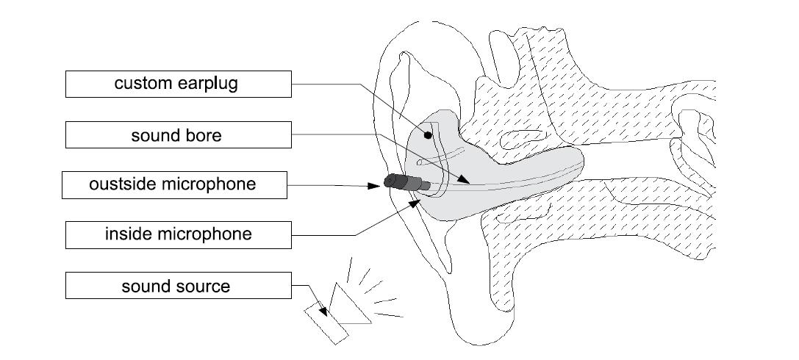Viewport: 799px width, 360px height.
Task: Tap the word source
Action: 204,286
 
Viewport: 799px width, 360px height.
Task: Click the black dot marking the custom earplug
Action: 427,137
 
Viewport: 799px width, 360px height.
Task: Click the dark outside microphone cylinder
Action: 397,182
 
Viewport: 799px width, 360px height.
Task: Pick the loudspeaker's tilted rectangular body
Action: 326,323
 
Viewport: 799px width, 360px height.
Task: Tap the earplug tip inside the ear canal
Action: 566,165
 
